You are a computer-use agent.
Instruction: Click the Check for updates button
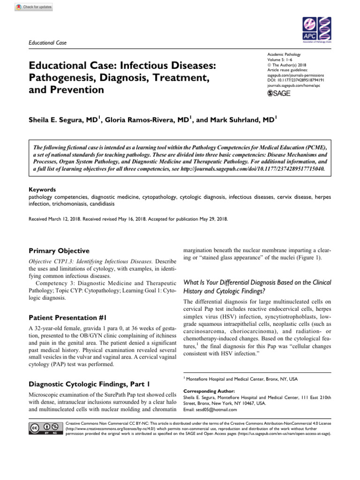(34, 7)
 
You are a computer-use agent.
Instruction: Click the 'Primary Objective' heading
(59, 251)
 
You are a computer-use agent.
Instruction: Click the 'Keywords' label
(42, 190)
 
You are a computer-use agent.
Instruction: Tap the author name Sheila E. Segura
(62, 120)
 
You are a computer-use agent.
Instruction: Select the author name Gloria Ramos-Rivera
(147, 120)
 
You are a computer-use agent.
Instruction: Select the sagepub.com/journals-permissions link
(295, 75)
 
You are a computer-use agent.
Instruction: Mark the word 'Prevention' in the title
(78, 89)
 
